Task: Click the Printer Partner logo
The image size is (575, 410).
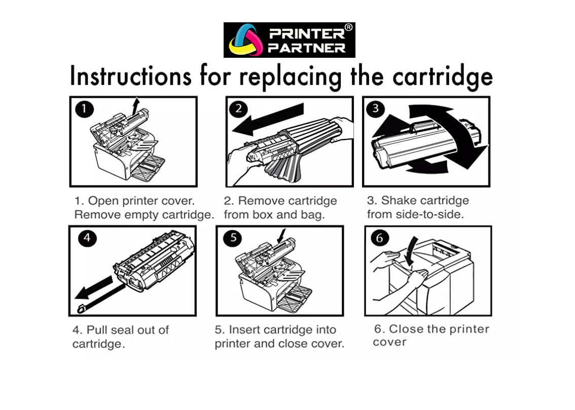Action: click(289, 40)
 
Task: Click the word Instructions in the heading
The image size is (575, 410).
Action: click(131, 77)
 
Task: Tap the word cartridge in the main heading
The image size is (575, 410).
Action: click(442, 78)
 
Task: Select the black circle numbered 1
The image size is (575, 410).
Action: click(84, 109)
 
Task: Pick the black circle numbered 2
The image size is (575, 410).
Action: click(238, 109)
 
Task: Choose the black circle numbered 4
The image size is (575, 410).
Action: click(87, 238)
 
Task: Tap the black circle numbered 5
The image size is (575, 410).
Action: click(232, 238)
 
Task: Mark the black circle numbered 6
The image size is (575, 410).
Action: click(379, 238)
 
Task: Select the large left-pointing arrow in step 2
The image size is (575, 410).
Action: click(269, 121)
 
